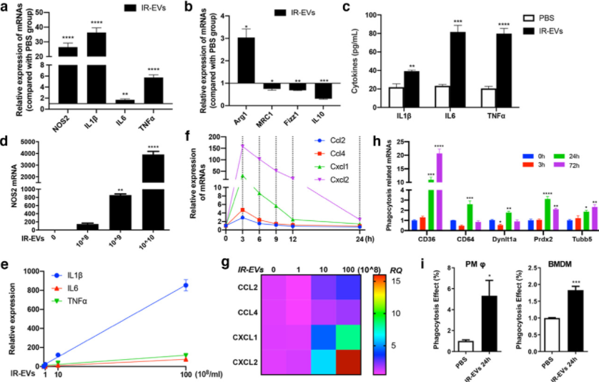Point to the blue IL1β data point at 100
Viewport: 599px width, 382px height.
[186, 266]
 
